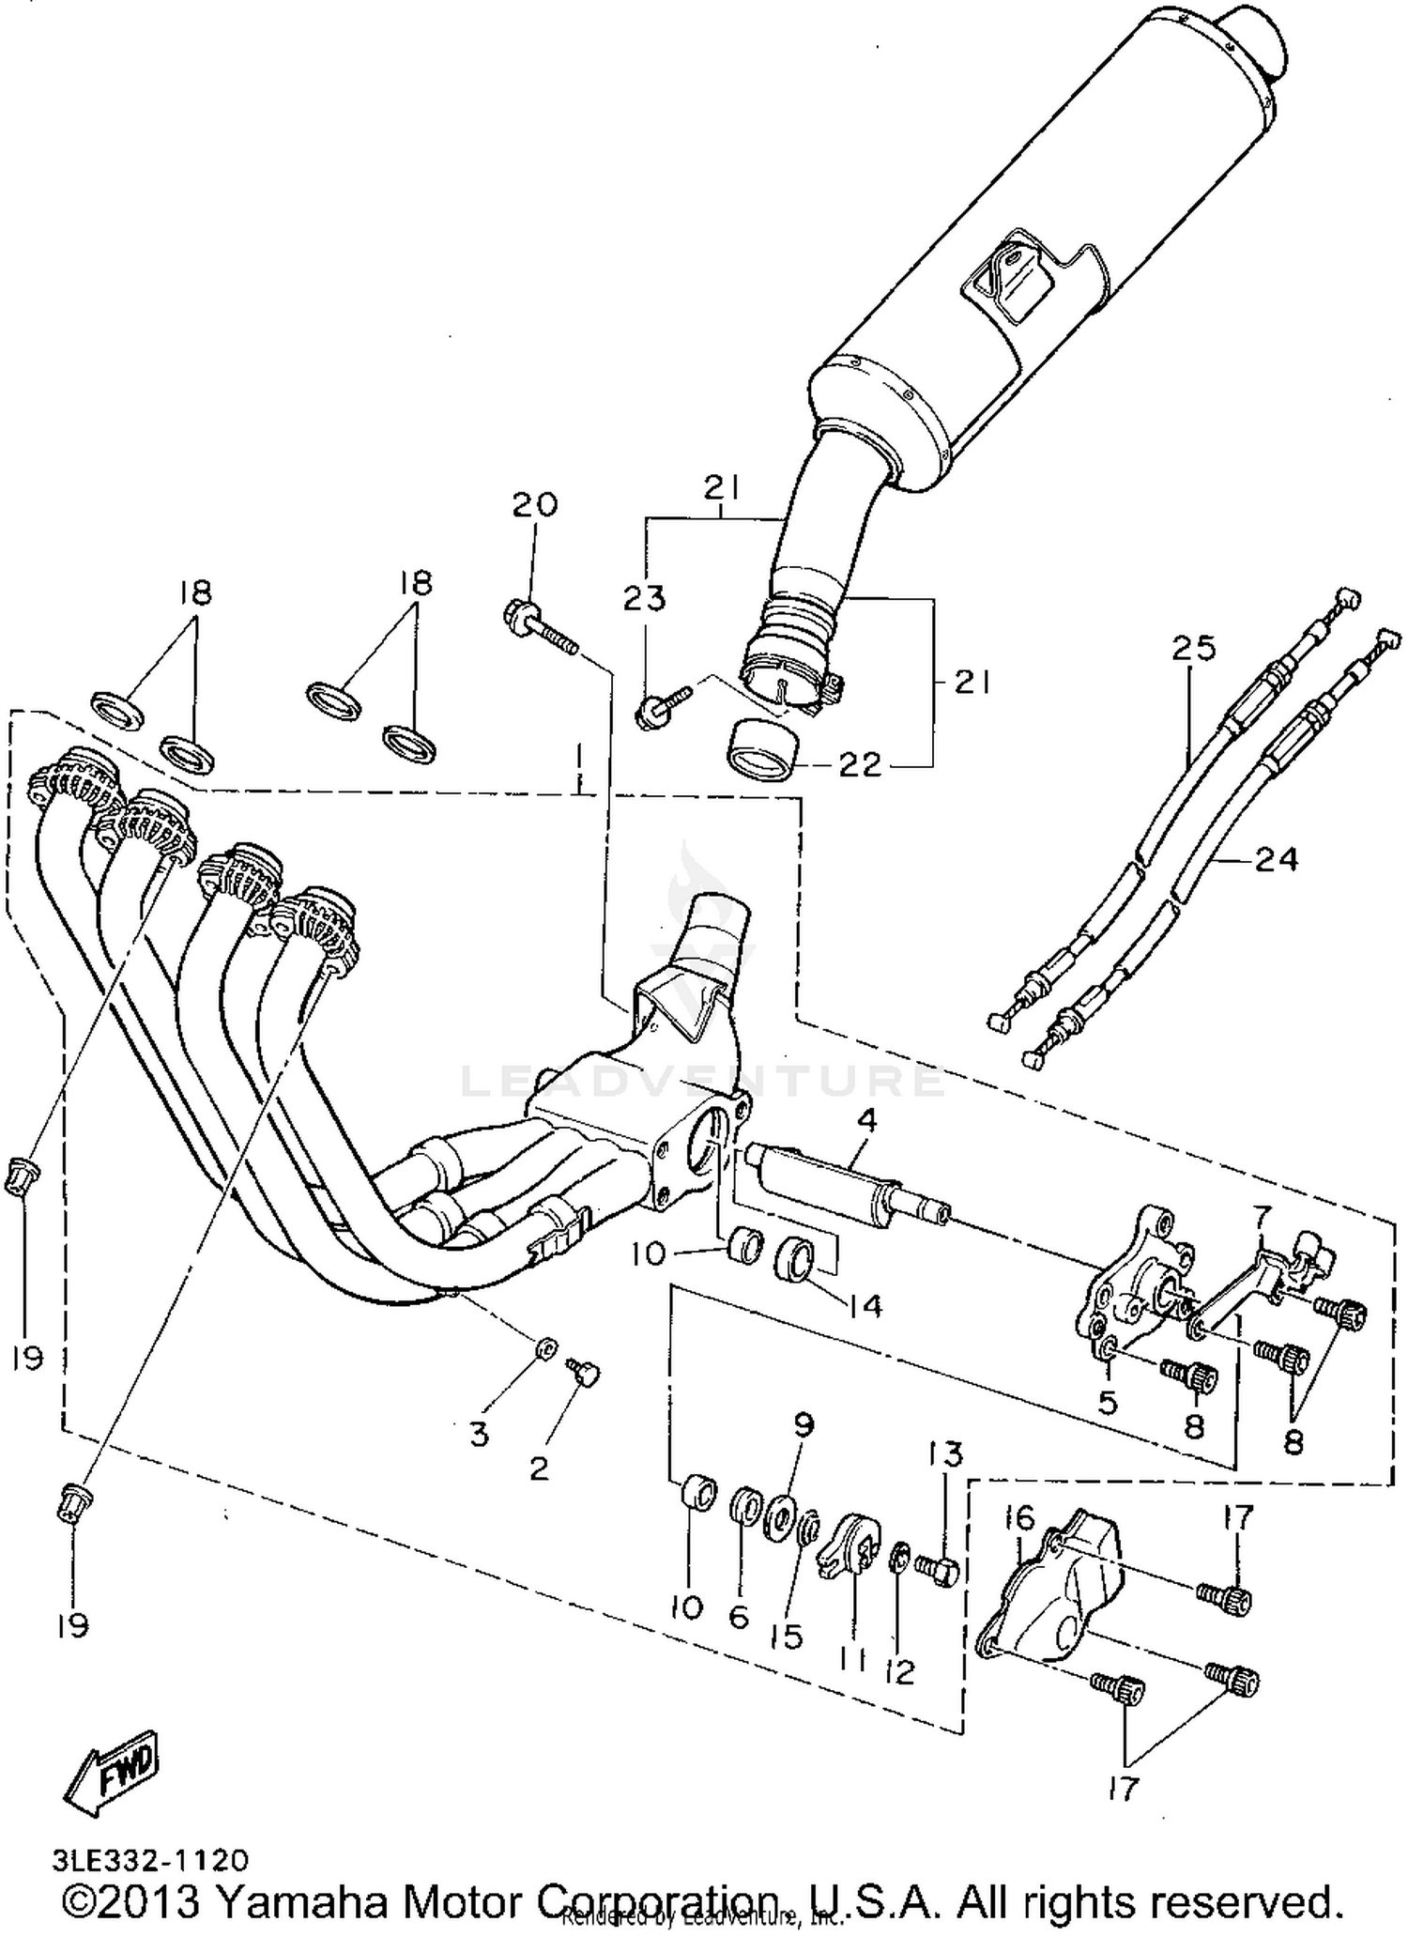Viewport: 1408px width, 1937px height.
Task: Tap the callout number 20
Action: [534, 505]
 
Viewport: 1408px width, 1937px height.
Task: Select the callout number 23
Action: [644, 599]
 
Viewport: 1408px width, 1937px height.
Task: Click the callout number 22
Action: [860, 765]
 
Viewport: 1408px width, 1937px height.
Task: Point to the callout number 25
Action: [1192, 648]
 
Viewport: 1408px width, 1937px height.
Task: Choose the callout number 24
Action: [1276, 858]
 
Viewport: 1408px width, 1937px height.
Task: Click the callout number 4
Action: [866, 1119]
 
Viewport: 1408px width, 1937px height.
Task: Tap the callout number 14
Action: [865, 1304]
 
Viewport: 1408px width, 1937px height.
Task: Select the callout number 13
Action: [945, 1454]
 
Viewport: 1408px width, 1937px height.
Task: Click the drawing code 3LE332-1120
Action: [151, 1860]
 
